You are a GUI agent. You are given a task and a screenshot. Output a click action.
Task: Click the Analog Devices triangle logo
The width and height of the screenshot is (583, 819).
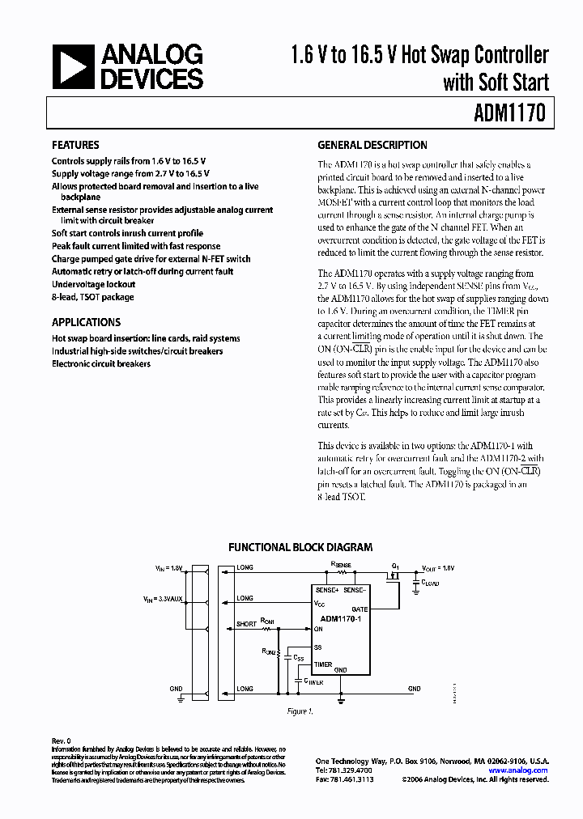pos(73,67)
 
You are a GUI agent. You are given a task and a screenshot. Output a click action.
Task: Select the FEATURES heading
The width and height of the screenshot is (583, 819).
pos(75,146)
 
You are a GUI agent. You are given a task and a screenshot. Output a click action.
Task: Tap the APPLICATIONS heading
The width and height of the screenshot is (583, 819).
pos(86,322)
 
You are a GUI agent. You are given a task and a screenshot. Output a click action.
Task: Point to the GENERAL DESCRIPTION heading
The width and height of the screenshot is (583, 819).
pos(372,146)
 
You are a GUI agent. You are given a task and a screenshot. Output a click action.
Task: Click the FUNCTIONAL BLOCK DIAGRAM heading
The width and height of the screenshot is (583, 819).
pos(300,547)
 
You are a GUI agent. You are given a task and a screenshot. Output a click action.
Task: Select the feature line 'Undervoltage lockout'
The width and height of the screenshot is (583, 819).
pos(93,284)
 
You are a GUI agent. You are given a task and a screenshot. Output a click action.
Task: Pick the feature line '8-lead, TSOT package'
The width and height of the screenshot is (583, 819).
pos(93,297)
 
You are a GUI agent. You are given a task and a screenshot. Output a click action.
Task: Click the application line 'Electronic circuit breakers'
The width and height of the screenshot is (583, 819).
pos(101,363)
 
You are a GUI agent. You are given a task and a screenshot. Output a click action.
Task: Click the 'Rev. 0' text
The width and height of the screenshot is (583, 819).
pos(62,740)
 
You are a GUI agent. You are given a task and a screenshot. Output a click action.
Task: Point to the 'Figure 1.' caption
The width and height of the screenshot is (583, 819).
pos(300,711)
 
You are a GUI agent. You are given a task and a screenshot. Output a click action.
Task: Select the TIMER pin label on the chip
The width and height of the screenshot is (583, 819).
pos(323,664)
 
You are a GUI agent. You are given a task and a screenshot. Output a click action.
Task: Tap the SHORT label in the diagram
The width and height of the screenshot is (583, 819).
pos(246,624)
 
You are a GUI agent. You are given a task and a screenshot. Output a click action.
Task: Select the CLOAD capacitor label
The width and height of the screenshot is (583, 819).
pos(429,583)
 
